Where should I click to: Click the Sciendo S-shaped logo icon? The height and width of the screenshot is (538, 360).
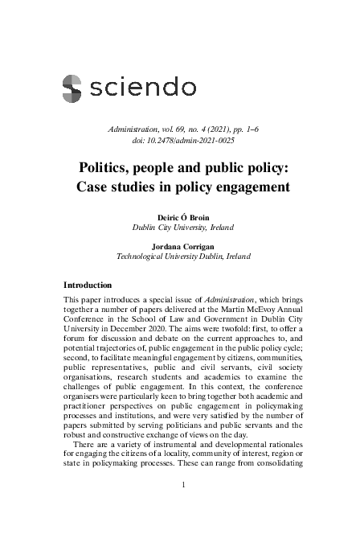click(72, 86)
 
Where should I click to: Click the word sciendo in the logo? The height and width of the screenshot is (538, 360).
click(142, 86)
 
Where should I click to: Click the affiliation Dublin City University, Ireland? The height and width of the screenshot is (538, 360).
click(183, 228)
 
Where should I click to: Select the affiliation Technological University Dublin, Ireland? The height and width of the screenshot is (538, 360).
click(183, 257)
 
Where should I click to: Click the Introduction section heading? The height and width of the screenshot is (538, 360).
click(93, 285)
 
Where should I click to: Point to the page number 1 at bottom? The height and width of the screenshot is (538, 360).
click(183, 484)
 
